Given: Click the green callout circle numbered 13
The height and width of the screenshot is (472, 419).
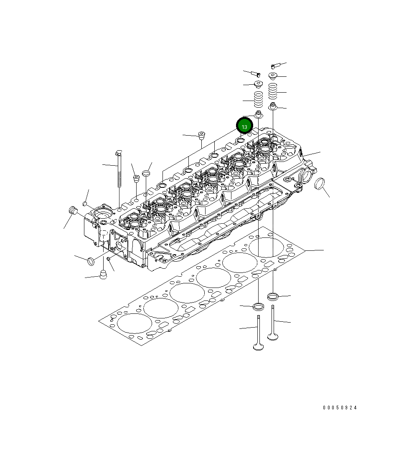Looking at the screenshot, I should [x=244, y=126].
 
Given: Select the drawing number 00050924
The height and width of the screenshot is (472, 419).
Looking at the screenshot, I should [x=340, y=408].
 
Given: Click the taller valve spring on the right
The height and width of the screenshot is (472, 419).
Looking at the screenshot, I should [x=273, y=91].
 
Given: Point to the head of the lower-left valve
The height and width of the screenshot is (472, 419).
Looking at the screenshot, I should [x=258, y=346].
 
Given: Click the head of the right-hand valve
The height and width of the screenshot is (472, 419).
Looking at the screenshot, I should [x=273, y=335].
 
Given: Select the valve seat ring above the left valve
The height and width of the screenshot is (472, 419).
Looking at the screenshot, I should [x=259, y=307].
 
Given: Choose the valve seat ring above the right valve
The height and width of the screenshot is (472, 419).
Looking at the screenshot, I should [x=273, y=297].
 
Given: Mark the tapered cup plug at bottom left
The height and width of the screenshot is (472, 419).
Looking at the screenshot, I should [x=102, y=275].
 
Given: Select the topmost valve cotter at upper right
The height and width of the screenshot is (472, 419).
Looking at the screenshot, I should [x=275, y=65].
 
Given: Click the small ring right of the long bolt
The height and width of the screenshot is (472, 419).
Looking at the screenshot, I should [x=145, y=173].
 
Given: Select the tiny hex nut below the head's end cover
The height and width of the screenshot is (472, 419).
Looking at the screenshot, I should [x=108, y=259].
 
